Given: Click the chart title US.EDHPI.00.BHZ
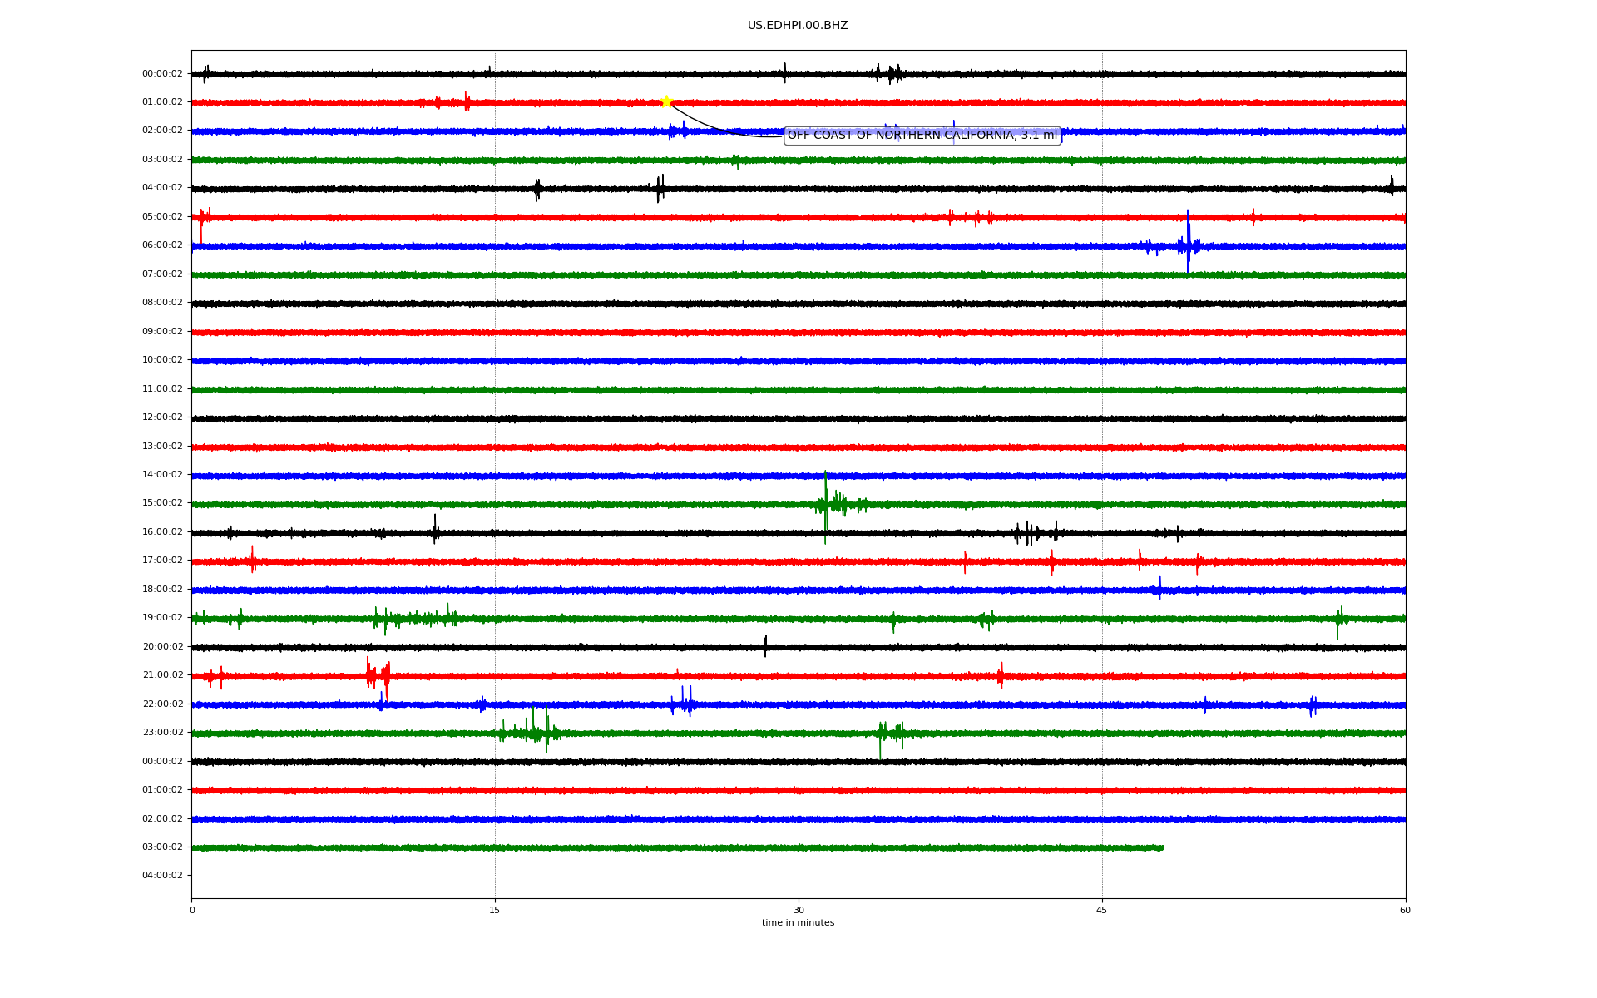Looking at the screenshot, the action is [798, 26].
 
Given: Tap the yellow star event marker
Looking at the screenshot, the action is [666, 101].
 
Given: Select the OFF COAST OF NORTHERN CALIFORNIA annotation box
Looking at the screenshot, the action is [922, 135].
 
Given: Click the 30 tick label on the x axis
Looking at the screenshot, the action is [798, 910].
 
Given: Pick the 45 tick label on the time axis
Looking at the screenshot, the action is [1102, 910].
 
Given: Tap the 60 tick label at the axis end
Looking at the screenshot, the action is [1405, 910].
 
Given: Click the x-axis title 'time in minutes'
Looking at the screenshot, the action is [798, 922].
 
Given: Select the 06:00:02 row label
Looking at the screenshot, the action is [162, 245].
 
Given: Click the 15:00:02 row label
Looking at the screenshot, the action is [162, 503].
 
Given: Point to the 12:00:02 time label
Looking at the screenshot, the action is [162, 417].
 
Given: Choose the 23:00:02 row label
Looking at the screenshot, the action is [162, 733].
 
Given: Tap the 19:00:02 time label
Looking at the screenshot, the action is [162, 618].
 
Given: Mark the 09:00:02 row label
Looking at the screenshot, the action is [162, 332].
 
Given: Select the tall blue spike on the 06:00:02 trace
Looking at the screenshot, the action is [1188, 241].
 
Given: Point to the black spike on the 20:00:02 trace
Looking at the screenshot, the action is [765, 646].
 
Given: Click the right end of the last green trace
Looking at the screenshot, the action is [1163, 848].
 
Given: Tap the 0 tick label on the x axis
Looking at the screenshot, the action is [192, 910].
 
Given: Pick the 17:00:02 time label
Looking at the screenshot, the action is [162, 561].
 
